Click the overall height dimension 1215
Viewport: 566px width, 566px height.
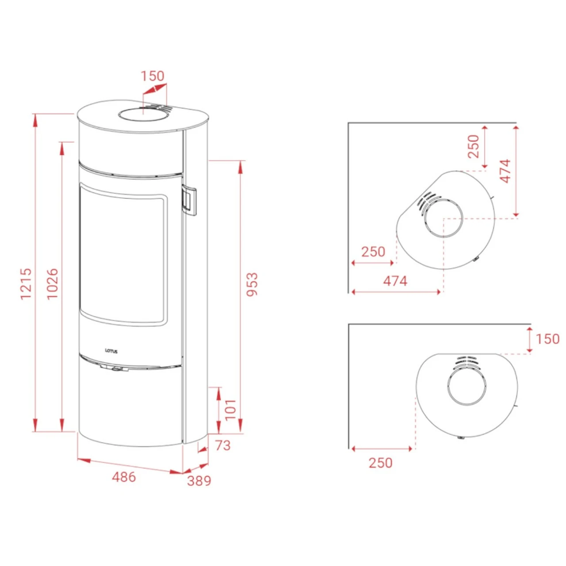(x=26, y=283)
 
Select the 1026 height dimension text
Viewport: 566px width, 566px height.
(x=53, y=283)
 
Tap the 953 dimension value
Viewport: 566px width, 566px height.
(x=252, y=285)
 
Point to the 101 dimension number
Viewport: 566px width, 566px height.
(x=231, y=410)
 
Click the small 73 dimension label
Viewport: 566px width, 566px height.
(x=223, y=446)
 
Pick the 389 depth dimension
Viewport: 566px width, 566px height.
(x=199, y=489)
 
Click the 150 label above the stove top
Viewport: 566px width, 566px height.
(x=153, y=76)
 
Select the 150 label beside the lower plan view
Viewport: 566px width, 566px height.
(x=548, y=339)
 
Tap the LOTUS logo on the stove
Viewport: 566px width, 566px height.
(x=111, y=351)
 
